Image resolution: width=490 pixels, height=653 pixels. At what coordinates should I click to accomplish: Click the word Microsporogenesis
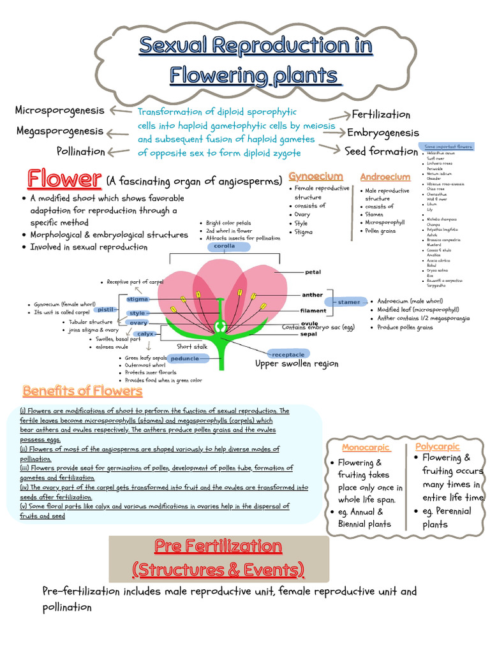click(x=59, y=110)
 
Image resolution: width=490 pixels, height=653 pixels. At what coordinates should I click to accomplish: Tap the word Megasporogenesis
click(x=59, y=131)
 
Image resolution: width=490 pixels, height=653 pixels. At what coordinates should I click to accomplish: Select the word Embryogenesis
click(x=383, y=133)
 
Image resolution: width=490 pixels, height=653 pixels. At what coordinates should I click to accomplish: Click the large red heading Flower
click(x=63, y=179)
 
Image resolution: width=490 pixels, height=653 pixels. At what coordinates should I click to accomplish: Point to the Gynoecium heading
click(x=316, y=176)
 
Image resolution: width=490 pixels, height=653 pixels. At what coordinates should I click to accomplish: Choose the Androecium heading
click(x=385, y=177)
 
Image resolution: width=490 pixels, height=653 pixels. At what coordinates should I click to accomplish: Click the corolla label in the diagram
click(x=224, y=246)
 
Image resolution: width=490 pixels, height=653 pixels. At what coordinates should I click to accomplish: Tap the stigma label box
click(x=138, y=298)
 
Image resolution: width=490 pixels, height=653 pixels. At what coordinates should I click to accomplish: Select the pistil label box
click(x=105, y=309)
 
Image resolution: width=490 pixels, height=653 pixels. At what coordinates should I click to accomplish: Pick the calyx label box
click(x=145, y=334)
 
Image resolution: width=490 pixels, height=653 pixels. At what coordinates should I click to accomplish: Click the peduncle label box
click(x=185, y=358)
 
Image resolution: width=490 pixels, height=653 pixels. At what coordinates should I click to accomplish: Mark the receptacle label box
click(x=288, y=353)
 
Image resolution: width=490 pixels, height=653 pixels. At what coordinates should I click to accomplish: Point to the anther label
click(x=313, y=295)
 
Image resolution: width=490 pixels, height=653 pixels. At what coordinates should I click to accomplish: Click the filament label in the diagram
click(x=313, y=311)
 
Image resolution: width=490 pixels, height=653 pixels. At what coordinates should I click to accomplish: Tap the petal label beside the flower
click(x=313, y=272)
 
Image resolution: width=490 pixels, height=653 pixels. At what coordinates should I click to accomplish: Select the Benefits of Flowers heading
click(x=82, y=390)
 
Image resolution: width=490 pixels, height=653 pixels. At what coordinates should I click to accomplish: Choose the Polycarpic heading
click(x=437, y=446)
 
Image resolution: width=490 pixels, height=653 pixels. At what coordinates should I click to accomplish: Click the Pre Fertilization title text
click(x=218, y=546)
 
